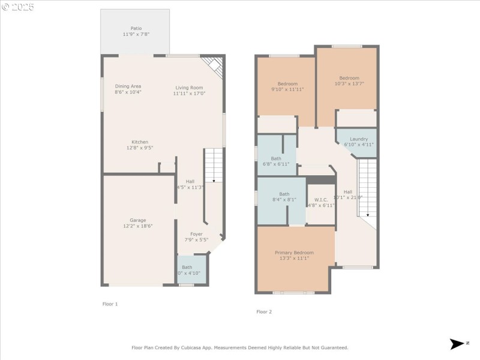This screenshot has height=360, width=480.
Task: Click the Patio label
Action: tap(136, 28)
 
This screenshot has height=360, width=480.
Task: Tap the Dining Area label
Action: tap(128, 86)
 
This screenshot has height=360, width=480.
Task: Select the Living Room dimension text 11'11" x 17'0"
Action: tap(189, 94)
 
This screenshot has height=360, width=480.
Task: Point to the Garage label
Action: tap(138, 220)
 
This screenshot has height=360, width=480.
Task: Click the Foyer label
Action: tap(196, 234)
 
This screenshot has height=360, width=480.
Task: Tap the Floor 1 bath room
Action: tap(191, 270)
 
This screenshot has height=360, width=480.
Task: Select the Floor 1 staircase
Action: tap(214, 166)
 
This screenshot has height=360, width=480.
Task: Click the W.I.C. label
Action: tap(320, 200)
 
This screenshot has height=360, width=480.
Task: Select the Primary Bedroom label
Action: tap(294, 253)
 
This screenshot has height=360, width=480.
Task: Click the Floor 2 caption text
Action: tap(264, 311)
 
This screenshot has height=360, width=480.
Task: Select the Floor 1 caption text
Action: tap(110, 304)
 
